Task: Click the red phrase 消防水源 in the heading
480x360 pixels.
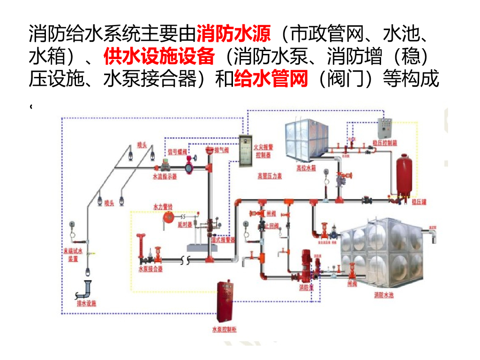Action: click(233, 34)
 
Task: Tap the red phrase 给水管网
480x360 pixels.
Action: click(270, 79)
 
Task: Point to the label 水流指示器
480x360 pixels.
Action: click(165, 178)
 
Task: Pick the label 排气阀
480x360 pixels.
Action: click(221, 150)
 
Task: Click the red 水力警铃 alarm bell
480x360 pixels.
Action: click(166, 217)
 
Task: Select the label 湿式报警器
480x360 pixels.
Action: click(223, 240)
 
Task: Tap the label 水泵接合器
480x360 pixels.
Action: click(150, 270)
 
